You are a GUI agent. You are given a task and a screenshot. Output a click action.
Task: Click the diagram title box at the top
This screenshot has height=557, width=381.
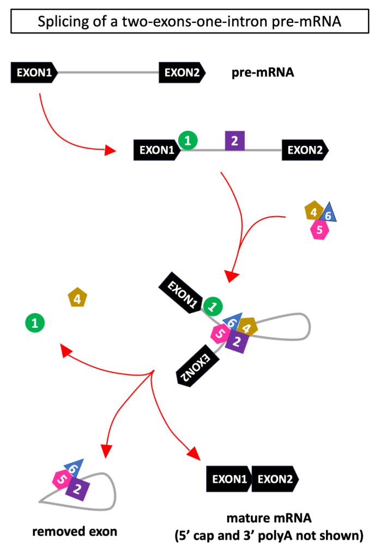[190, 22]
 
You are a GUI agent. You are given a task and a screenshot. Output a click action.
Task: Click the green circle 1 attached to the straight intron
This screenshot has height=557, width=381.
[188, 141]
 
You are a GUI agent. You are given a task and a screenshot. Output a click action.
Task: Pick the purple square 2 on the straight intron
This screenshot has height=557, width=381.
[234, 142]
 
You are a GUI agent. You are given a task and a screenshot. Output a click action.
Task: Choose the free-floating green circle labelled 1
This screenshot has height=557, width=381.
[35, 323]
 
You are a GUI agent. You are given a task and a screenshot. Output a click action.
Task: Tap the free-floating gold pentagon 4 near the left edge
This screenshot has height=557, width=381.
[77, 298]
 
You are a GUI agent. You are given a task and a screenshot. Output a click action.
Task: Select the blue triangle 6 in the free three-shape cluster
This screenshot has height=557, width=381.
[328, 215]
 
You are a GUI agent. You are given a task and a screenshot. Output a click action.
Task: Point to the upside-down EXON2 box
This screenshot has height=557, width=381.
[195, 367]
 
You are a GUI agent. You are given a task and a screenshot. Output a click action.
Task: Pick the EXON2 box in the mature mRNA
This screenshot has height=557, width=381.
[275, 479]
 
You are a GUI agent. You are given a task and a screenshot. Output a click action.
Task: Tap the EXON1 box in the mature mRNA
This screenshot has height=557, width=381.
[228, 479]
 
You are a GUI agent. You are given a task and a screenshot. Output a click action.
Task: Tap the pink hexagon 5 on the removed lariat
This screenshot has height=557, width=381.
[61, 480]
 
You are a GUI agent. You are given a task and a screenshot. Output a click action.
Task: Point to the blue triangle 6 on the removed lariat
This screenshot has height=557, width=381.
[75, 467]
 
